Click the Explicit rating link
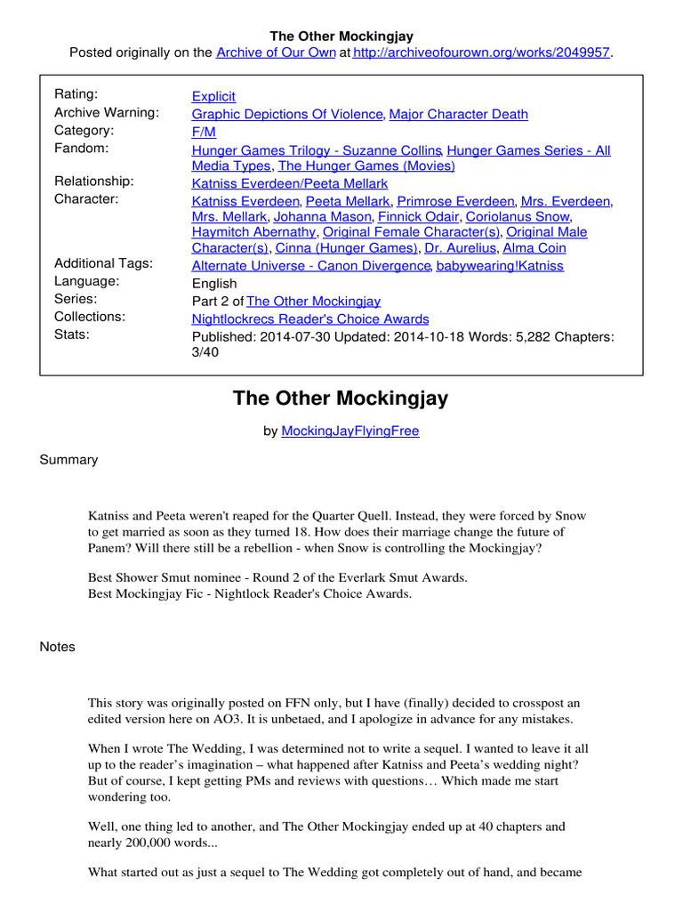[213, 96]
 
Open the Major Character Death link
[459, 114]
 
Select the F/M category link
[205, 132]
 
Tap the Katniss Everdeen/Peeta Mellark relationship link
[290, 183]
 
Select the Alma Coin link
[534, 248]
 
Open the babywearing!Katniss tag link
[501, 266]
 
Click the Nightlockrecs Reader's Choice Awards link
[310, 318]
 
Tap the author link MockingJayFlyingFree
[350, 431]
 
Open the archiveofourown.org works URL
[481, 52]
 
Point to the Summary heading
[69, 460]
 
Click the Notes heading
[58, 647]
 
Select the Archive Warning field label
[107, 113]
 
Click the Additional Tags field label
[103, 263]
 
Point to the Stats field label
[73, 335]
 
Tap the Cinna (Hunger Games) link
[347, 248]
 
